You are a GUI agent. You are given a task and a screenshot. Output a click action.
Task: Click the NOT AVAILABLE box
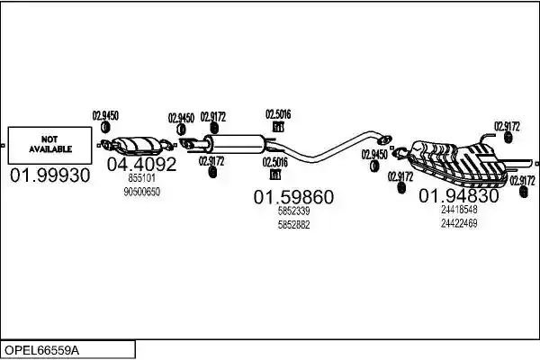(x=49, y=145)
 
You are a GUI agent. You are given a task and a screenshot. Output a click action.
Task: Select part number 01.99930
(x=49, y=175)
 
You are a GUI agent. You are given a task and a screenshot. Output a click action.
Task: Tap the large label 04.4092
(x=141, y=165)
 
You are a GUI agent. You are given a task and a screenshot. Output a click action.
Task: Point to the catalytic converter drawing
(x=138, y=145)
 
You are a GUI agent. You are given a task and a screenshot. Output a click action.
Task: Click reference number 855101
(x=141, y=178)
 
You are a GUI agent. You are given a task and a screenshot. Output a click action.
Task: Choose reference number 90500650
(x=141, y=192)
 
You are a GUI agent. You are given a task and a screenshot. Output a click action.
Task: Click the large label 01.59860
(x=293, y=197)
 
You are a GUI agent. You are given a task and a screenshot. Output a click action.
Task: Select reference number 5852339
(x=293, y=211)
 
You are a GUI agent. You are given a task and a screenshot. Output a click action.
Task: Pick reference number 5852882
(x=293, y=225)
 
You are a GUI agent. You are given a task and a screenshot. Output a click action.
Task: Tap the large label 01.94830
(x=459, y=195)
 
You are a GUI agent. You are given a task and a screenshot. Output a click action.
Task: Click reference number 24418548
(x=459, y=210)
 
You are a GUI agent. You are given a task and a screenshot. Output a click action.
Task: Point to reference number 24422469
(x=459, y=223)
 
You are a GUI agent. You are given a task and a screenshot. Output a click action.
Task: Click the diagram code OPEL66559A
(x=41, y=351)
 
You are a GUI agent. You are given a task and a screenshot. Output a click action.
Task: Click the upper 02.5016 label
(x=278, y=114)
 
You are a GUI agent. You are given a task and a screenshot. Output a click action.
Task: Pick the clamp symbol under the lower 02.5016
(x=274, y=175)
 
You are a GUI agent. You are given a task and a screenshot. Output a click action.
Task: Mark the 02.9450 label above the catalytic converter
(x=105, y=116)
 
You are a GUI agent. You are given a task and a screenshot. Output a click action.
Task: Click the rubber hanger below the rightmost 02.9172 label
(x=523, y=192)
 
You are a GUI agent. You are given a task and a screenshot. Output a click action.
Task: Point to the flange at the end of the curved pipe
(x=384, y=139)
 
